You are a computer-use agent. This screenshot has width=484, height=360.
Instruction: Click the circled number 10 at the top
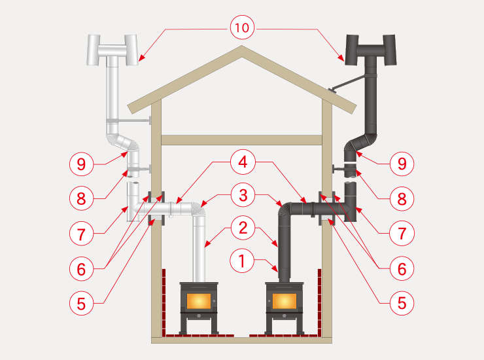pos(242,27)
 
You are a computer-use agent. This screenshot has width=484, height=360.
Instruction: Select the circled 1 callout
pos(242,261)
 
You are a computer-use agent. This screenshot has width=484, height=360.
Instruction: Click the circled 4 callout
pos(243,162)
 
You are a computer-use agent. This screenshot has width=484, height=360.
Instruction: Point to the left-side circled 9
pos(81,164)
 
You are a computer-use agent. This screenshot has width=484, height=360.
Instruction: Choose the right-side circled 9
pos(402,164)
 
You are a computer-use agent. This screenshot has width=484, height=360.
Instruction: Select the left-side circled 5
pos(81,303)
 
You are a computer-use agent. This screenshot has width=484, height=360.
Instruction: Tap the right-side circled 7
pos(402,233)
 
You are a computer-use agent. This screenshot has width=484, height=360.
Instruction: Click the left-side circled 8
pos(81,198)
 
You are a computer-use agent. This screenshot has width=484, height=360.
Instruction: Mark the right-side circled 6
pos(402,268)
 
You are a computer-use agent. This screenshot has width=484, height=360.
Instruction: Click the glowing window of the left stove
pos(199,300)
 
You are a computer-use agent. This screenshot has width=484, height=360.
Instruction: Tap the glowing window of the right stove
pos(285,300)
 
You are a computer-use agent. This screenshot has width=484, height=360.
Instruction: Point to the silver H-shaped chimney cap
pos(112,50)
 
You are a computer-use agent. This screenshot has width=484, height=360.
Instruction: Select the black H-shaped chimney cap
pos(370,50)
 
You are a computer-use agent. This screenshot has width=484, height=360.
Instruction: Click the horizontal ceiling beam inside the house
pos(242,140)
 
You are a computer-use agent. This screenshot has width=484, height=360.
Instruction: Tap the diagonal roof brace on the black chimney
pos(347,83)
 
